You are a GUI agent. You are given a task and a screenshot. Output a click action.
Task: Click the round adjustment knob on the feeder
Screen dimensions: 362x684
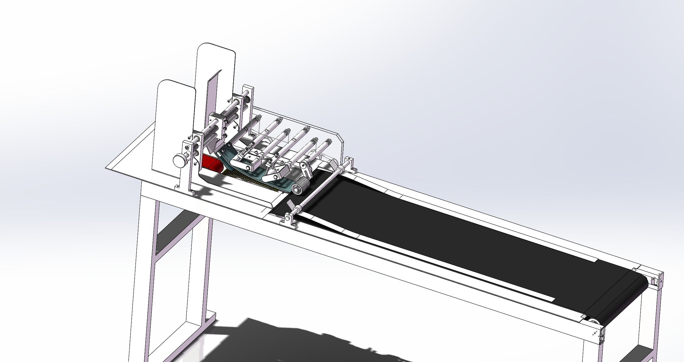click(179, 160)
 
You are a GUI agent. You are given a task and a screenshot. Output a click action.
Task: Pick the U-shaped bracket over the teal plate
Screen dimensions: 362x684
click(246, 162)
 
